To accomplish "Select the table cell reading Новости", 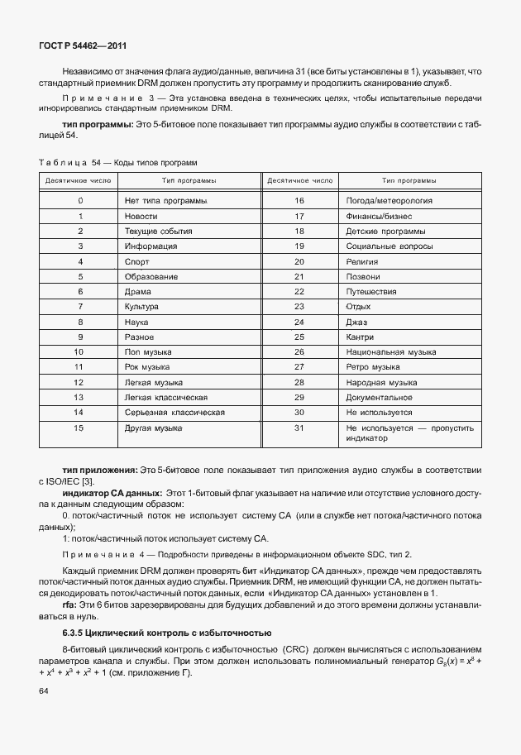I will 141,216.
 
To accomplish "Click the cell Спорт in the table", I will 137,261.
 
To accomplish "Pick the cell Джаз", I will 357,322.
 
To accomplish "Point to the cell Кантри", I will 361,337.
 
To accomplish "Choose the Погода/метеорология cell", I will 390,201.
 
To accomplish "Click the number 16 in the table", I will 299,201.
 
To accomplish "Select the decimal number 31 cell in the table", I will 299,428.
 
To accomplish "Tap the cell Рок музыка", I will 148,367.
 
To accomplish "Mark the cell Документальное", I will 380,398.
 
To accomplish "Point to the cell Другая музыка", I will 154,428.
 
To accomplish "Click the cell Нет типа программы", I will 165,201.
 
